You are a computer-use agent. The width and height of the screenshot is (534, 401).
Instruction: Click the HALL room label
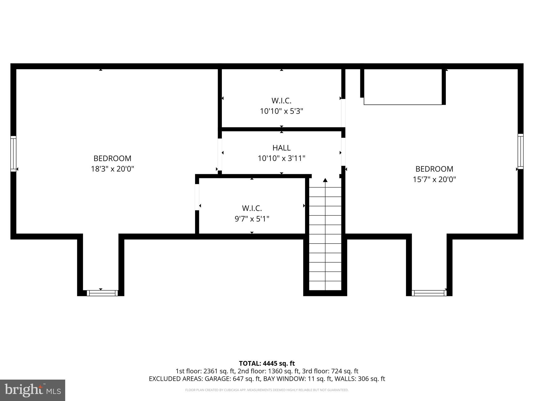coord(281,148)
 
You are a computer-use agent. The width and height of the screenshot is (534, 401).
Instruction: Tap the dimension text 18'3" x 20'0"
coord(112,169)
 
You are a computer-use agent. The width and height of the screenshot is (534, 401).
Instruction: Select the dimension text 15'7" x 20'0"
coord(434,179)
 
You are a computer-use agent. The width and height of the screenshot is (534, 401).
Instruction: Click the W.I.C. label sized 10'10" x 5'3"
coord(281,101)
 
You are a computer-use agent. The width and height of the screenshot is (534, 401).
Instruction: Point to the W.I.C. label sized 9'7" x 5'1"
coord(252,208)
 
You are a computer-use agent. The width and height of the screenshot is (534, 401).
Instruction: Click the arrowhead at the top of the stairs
coord(325,180)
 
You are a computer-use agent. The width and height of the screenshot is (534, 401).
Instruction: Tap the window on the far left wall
coord(13,154)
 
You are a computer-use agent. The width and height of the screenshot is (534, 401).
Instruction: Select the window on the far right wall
coord(520,151)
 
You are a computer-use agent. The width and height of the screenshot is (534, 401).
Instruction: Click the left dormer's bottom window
coord(102,293)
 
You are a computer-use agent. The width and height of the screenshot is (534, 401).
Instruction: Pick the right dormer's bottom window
coord(429,293)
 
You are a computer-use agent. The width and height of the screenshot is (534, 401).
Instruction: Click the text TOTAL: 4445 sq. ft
coord(267,363)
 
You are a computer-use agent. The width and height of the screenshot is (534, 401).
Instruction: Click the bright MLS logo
coord(33,390)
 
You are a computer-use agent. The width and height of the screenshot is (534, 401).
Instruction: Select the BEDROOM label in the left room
coord(112,158)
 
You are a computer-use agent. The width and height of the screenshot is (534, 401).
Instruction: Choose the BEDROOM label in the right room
coord(434,169)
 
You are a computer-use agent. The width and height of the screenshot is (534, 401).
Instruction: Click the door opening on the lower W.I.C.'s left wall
coord(197,197)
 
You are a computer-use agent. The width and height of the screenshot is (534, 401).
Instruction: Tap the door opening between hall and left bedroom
coord(220,154)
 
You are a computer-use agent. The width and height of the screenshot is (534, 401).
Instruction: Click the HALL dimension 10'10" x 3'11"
coord(281,158)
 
